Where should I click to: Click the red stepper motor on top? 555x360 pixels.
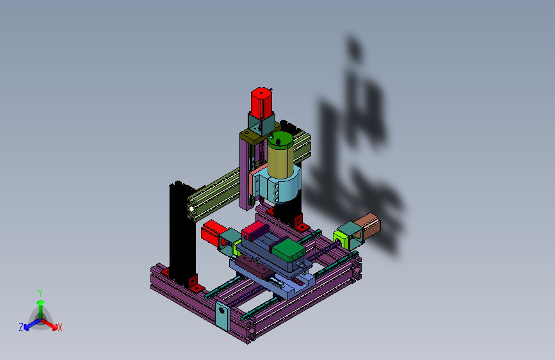tap(262, 102)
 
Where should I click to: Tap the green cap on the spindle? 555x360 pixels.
tap(280, 140)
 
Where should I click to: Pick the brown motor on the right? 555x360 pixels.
tap(367, 226)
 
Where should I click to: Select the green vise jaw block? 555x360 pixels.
tap(289, 249)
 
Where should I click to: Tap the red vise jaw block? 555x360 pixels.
tap(253, 231)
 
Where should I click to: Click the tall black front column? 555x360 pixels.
tap(182, 234)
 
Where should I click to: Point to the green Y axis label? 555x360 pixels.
tap(40, 293)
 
